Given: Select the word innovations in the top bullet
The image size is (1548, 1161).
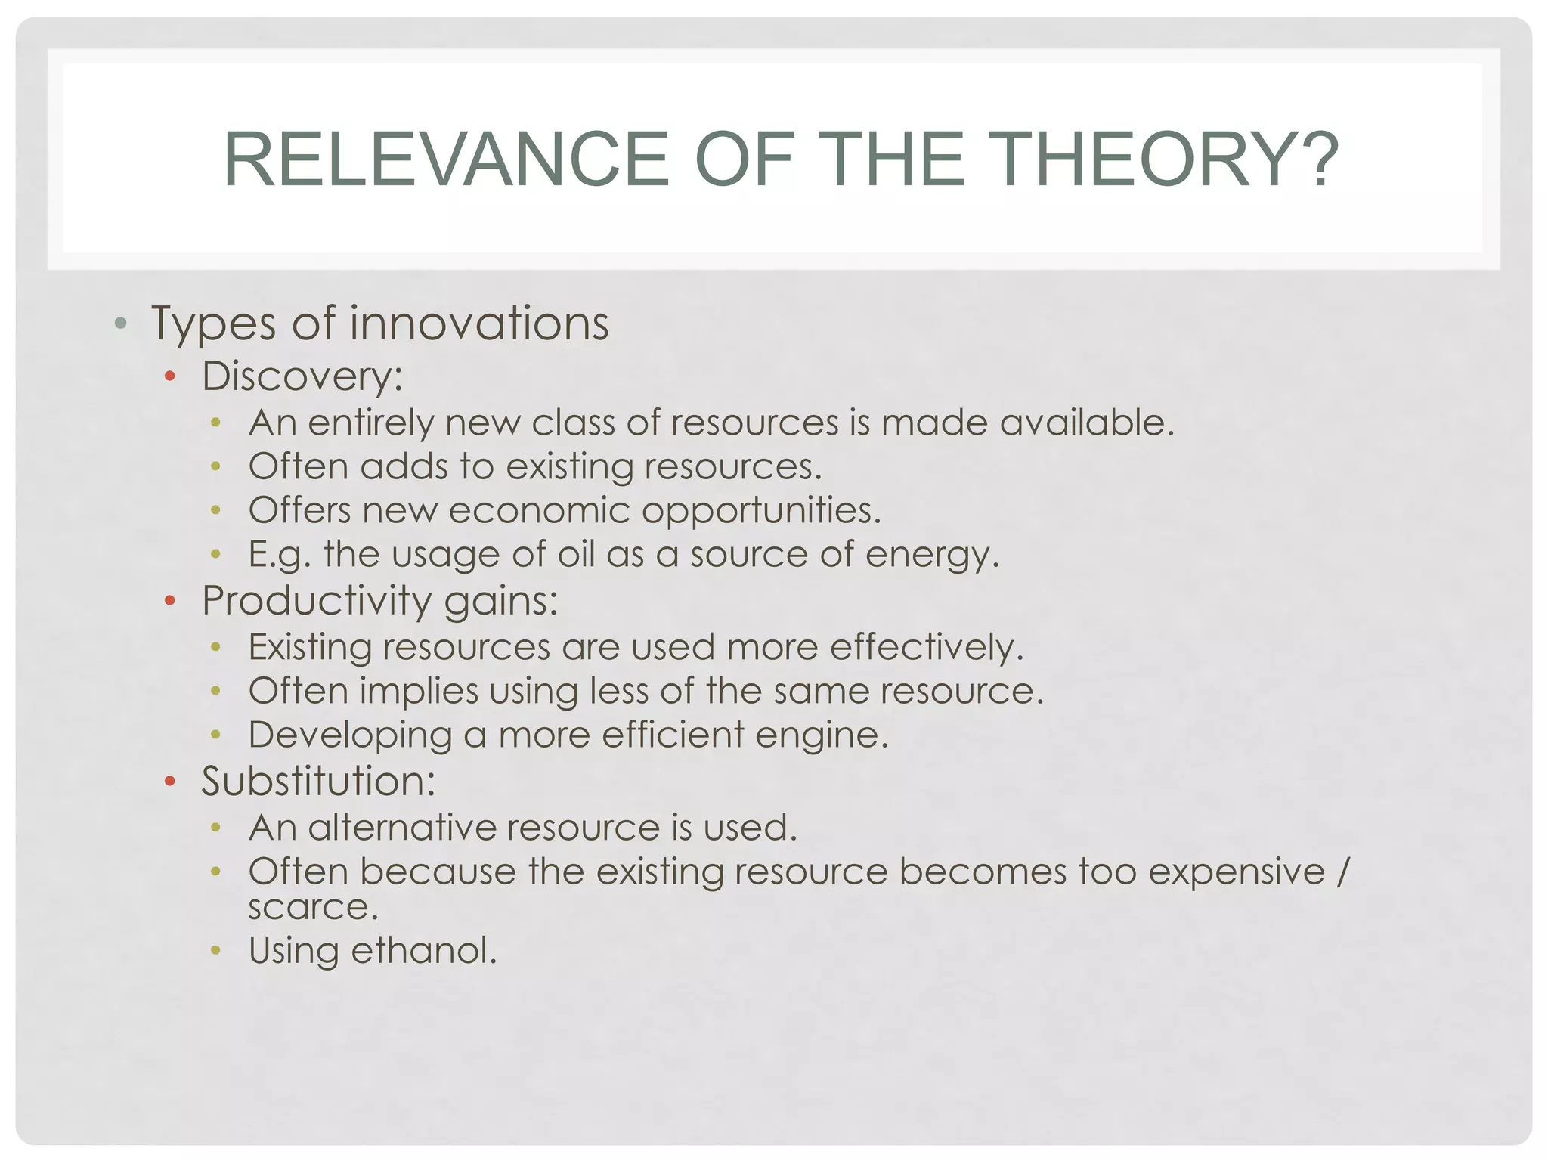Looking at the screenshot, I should (x=478, y=324).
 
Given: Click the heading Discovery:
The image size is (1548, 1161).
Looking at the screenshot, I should (x=302, y=376).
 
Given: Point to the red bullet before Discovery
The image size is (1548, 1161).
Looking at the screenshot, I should (x=170, y=376).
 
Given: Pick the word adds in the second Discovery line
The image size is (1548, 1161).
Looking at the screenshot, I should (x=404, y=466).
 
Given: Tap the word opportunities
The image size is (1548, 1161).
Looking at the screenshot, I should (x=761, y=511).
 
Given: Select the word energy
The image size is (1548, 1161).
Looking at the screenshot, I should (x=931, y=556).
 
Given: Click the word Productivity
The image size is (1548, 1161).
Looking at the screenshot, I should (x=316, y=601).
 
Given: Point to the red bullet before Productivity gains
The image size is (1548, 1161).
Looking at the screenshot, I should (x=170, y=601).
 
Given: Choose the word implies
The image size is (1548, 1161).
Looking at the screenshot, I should (x=419, y=692).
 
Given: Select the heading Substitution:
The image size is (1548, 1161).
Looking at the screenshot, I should (x=318, y=781).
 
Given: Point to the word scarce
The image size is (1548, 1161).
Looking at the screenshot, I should (x=312, y=907).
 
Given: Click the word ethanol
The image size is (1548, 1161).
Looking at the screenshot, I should (x=423, y=950).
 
